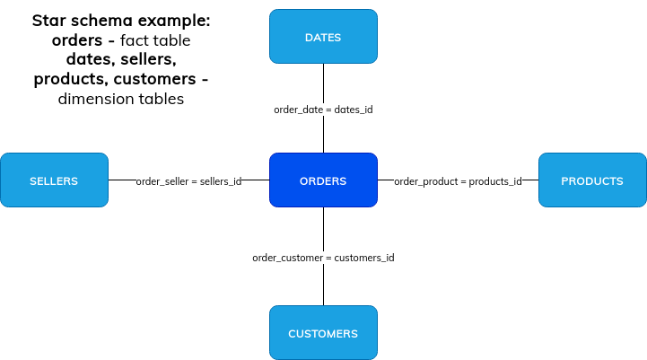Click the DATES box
pos(323,36)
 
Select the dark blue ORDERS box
pos(323,180)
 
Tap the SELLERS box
pos(54,180)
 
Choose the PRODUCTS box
pos(592,180)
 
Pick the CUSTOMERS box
pos(323,333)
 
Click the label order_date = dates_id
pos(323,110)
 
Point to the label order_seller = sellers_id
pos(189,181)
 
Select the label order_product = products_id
pos(458,181)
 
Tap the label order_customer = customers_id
pos(323,258)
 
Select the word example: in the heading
pos(174,22)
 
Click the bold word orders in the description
pos(77,40)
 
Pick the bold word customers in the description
pos(154,79)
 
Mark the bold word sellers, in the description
pos(149,59)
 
